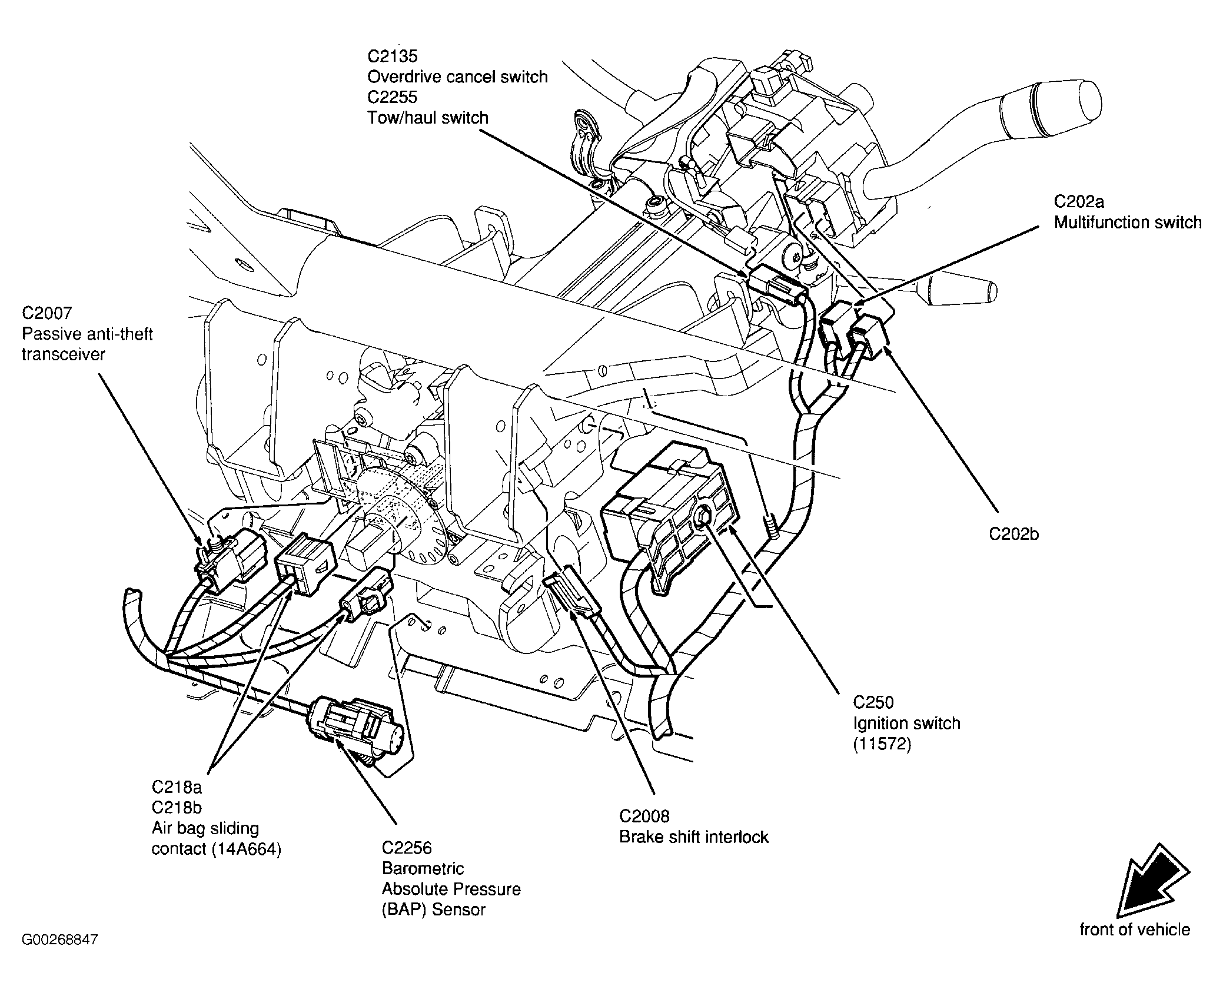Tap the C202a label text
point(1079,201)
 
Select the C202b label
point(1014,534)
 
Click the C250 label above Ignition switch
point(873,702)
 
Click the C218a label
point(177,786)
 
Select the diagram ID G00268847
point(60,955)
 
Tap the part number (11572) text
point(882,744)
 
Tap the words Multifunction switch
point(1128,223)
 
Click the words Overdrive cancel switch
point(457,77)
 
